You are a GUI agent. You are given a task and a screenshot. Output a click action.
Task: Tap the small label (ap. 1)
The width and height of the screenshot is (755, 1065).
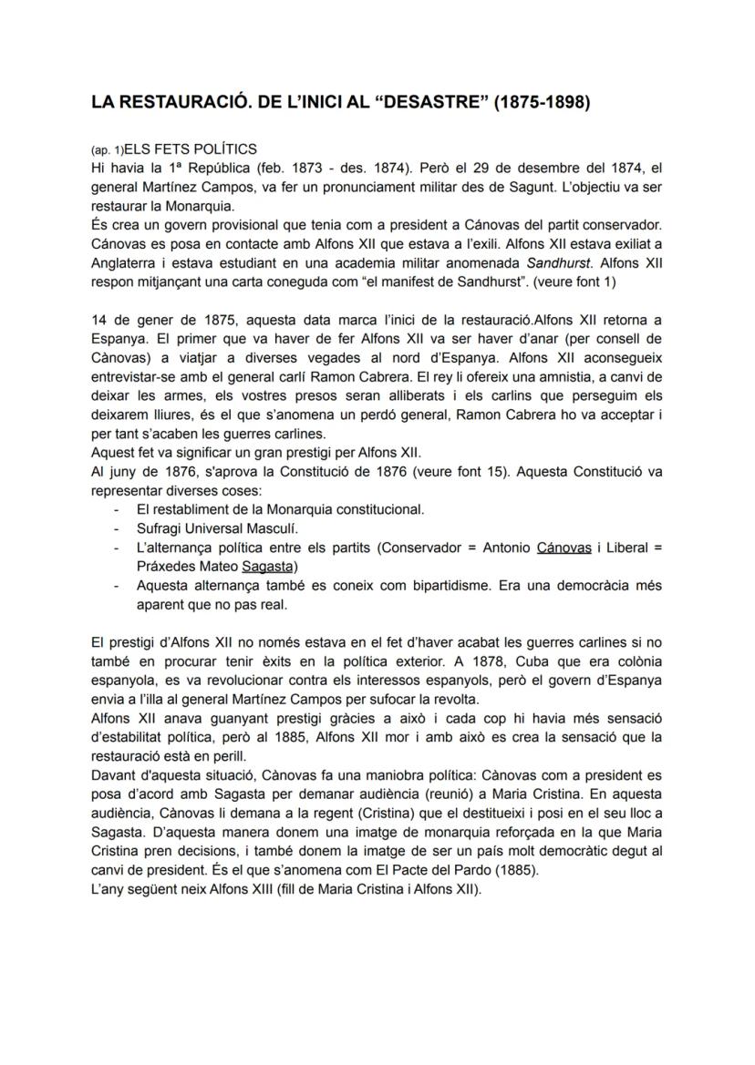pos(107,150)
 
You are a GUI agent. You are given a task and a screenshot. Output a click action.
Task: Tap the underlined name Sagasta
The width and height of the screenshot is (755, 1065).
pos(263,566)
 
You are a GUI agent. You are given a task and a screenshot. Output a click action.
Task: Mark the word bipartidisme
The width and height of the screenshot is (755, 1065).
pos(394,585)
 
